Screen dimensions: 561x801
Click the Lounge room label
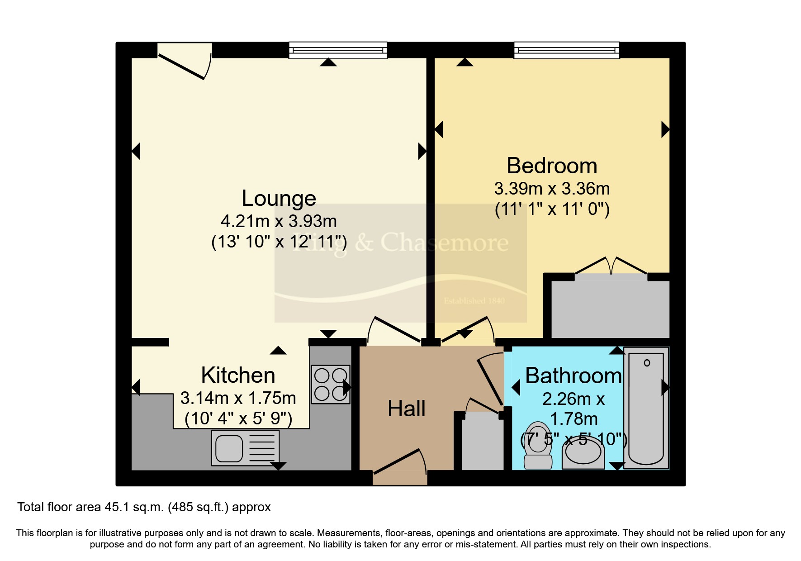[279, 199]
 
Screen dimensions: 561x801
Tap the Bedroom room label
[552, 166]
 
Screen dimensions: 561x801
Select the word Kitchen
[238, 376]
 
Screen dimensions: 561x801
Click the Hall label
[406, 409]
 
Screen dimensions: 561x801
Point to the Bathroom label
[573, 376]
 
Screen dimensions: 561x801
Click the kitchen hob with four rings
[331, 385]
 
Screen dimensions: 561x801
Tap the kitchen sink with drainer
[245, 448]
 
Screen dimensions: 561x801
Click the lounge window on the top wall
[338, 50]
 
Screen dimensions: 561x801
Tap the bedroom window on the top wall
[566, 50]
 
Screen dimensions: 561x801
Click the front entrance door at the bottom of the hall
[400, 463]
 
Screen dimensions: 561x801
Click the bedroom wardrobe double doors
[611, 266]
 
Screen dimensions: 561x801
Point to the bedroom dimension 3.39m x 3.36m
[552, 189]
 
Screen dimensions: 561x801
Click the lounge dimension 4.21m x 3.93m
[279, 221]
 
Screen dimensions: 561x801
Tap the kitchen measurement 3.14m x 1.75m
[238, 398]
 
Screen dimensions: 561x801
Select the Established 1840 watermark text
[474, 301]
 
